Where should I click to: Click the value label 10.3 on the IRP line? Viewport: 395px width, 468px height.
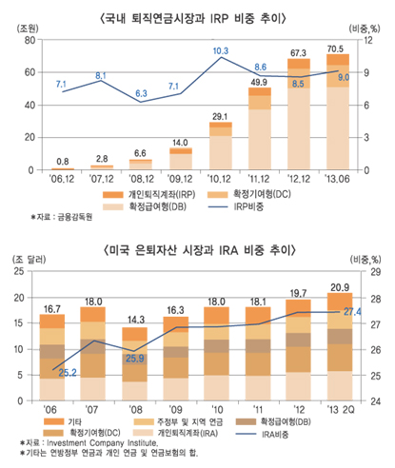coord(220,50)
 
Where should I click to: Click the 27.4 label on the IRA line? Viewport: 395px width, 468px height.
coord(353,311)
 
